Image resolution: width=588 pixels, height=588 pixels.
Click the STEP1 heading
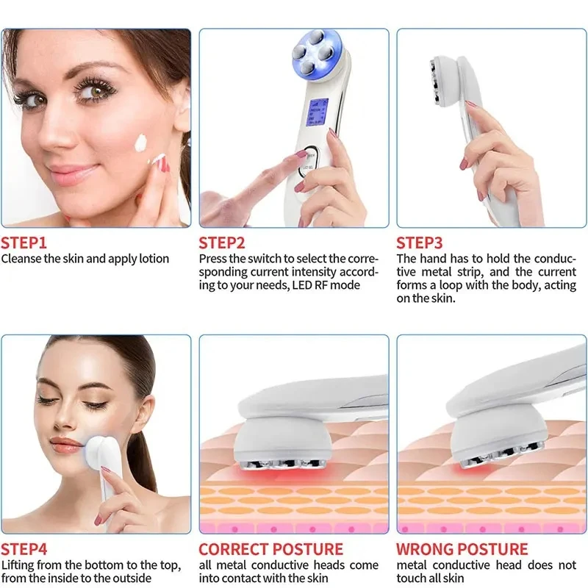coord(24,243)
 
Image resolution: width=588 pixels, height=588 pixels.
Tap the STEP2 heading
coord(223,243)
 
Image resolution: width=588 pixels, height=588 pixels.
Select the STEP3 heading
coord(420,243)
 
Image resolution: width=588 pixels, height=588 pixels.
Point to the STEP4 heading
coord(25,549)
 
